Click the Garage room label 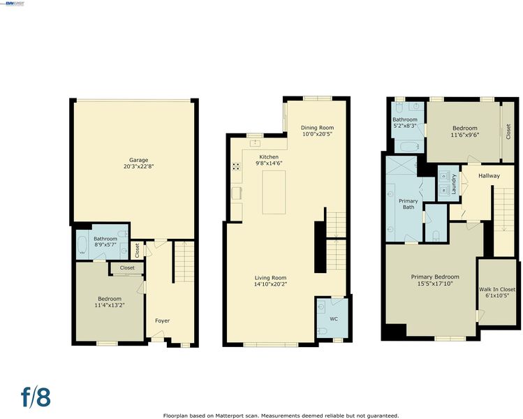[x=138, y=160]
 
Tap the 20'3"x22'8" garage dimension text [x=138, y=166]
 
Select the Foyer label [x=163, y=321]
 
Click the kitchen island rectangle [x=274, y=192]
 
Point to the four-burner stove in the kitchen [x=236, y=166]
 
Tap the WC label [x=334, y=319]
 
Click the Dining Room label [x=317, y=127]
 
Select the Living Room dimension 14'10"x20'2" [x=270, y=284]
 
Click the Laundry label [x=454, y=184]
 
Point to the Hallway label [x=489, y=176]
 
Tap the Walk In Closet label [x=497, y=289]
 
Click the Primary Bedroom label [x=435, y=277]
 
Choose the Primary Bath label [x=408, y=204]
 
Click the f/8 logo [x=36, y=397]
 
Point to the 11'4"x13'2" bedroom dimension [x=110, y=305]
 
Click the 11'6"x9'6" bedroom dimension [x=464, y=135]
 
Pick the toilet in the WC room [x=323, y=331]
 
